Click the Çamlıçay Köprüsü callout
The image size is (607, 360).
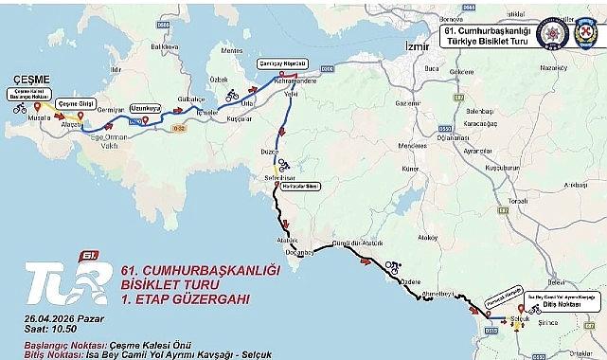tap(280, 63)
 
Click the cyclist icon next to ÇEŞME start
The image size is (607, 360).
tap(19, 108)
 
